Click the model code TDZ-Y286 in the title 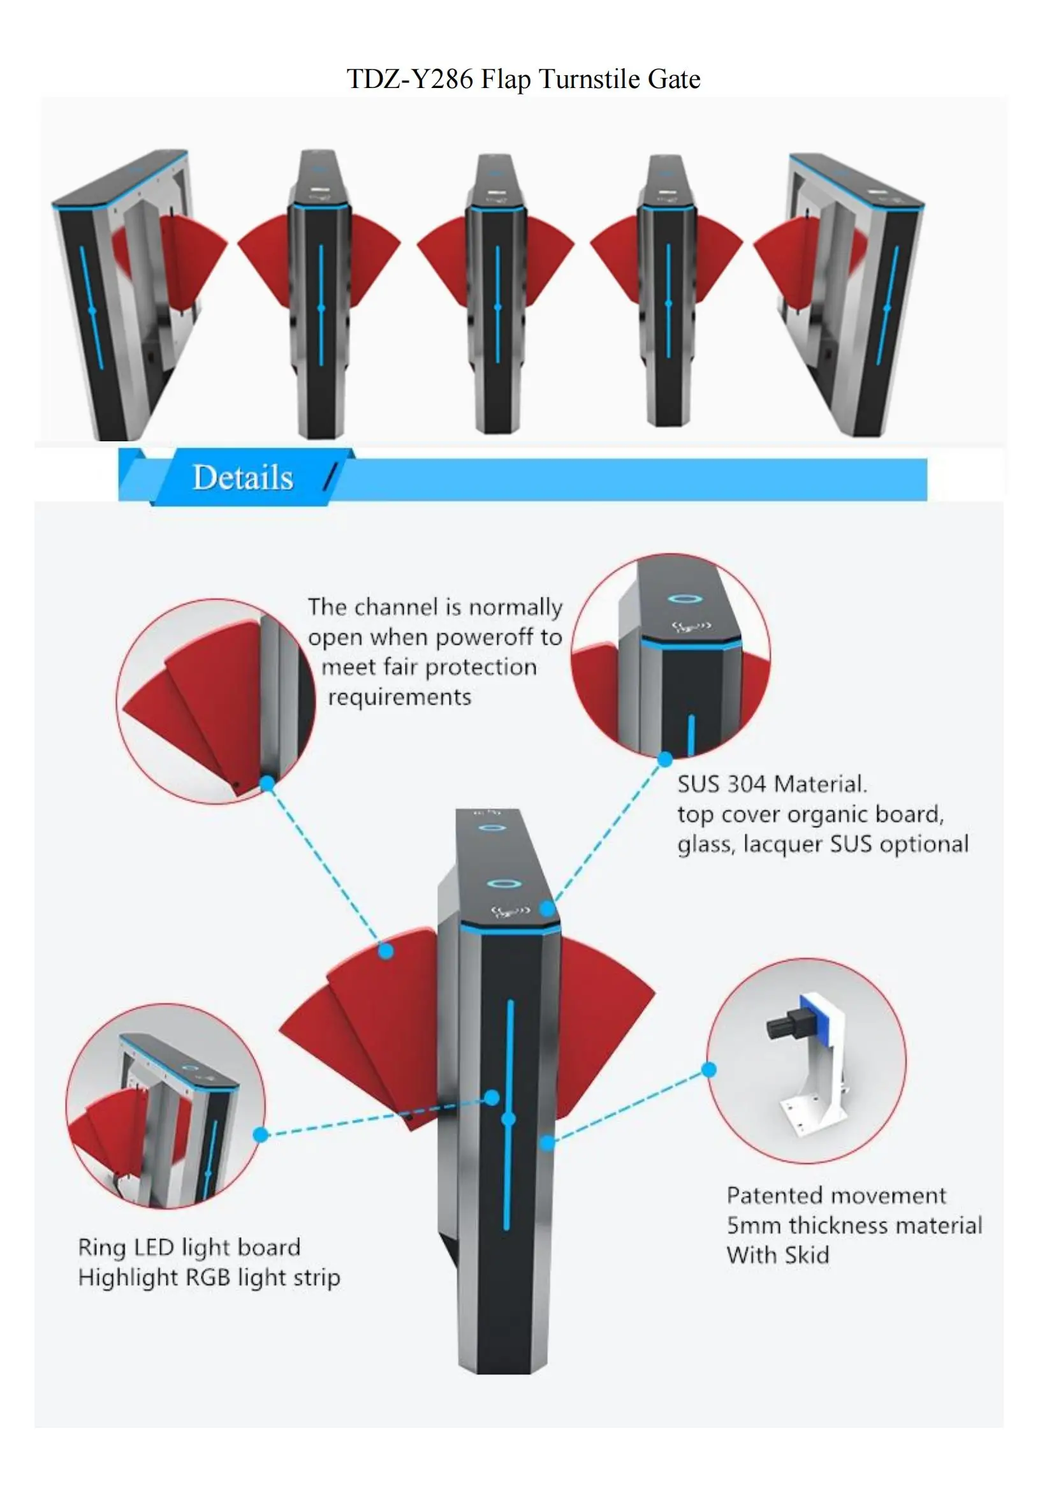[x=409, y=79]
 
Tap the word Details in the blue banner [x=243, y=477]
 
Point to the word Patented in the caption [x=766, y=1196]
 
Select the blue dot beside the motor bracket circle [x=709, y=1069]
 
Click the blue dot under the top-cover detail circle [x=664, y=759]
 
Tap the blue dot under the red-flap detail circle [x=267, y=784]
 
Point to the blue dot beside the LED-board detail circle [x=260, y=1135]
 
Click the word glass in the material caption [x=705, y=845]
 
